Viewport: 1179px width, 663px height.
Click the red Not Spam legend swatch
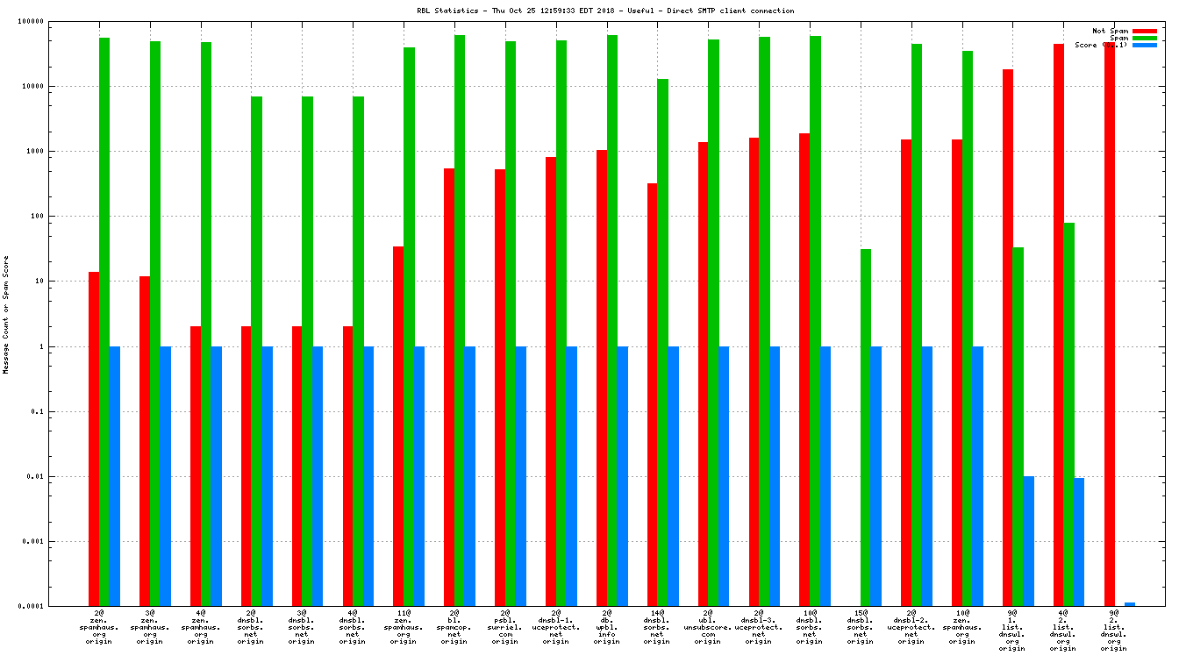coord(1145,31)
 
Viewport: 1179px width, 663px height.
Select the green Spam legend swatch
coord(1145,38)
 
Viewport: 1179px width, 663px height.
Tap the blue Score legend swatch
coord(1145,45)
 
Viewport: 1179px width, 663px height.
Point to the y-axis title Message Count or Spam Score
coord(6,315)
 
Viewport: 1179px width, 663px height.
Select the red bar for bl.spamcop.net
coord(449,386)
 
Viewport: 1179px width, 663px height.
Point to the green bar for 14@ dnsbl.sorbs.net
coord(663,342)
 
